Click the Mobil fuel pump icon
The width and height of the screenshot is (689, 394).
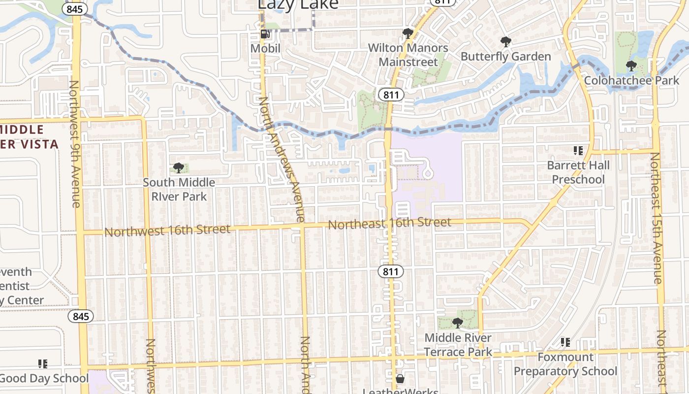pos(265,34)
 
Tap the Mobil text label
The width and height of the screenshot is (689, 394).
pos(265,48)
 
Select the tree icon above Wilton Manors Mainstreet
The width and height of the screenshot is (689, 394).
pos(407,33)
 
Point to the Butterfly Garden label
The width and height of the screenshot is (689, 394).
pos(505,57)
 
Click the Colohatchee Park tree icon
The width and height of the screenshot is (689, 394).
pos(631,66)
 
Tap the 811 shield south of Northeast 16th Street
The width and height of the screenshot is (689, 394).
pos(391,271)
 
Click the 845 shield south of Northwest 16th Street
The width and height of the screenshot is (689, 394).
pos(80,316)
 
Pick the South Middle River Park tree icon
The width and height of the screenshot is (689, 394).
pos(179,168)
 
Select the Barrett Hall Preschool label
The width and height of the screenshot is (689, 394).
pos(578,172)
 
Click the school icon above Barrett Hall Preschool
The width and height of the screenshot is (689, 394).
pos(578,150)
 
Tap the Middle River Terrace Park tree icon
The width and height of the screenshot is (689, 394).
pos(458,323)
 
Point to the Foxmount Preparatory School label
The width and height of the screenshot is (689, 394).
pos(565,364)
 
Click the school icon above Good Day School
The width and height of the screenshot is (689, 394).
pos(43,364)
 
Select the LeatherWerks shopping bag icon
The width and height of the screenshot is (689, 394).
pos(400,379)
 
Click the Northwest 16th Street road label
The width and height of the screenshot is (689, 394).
pos(167,230)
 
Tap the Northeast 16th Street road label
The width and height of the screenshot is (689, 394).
pos(389,224)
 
